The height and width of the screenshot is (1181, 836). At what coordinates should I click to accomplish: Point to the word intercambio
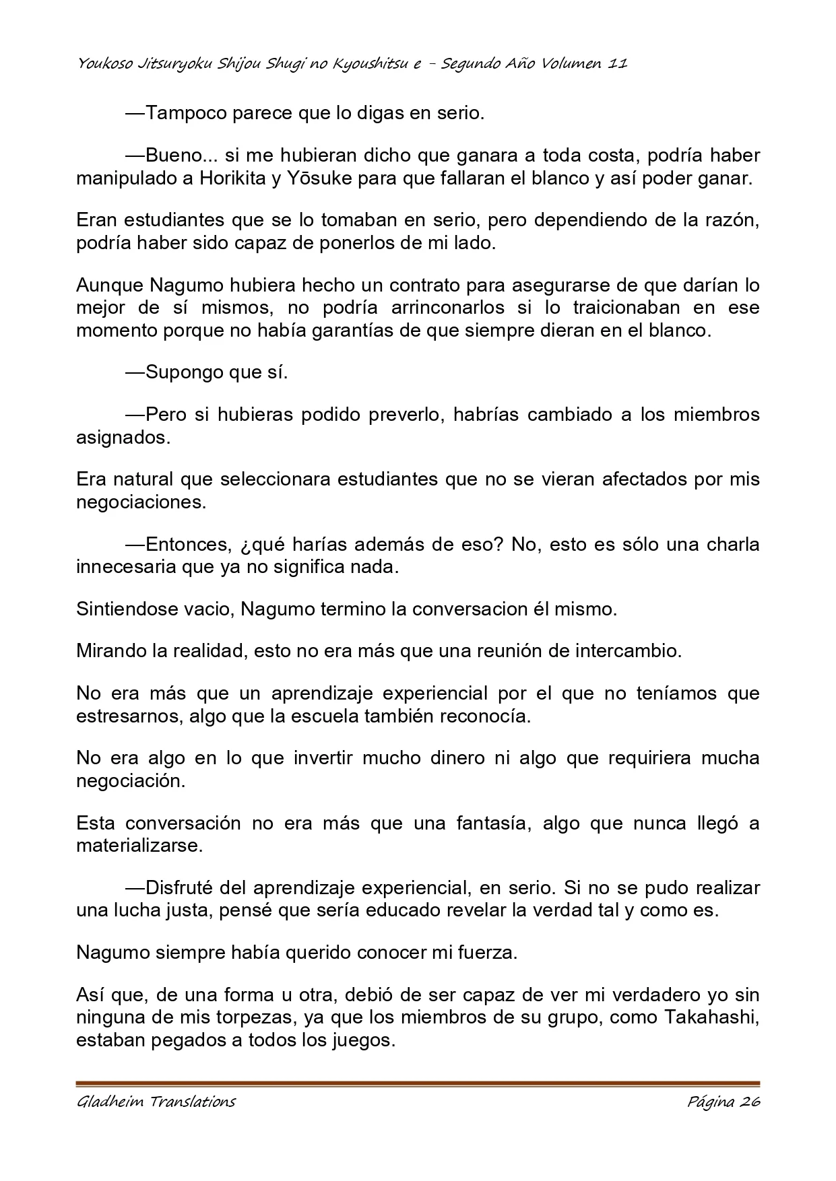pyautogui.click(x=628, y=651)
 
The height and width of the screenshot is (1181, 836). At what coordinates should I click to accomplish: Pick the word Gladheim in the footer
pyautogui.click(x=110, y=1102)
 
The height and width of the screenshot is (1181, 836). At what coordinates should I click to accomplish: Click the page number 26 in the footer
pyautogui.click(x=749, y=1102)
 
